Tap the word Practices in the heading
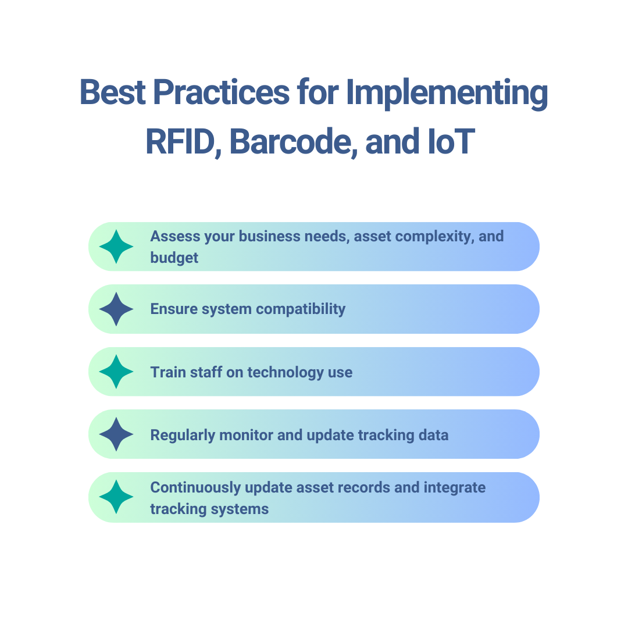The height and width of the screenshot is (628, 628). click(x=221, y=92)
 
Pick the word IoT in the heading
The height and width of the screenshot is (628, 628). click(x=447, y=141)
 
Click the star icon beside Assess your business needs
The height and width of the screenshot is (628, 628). click(x=116, y=247)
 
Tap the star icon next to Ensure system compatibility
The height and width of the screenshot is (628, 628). click(x=116, y=309)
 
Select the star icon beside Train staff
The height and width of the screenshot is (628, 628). click(x=116, y=372)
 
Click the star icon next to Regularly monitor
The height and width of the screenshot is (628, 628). click(x=116, y=434)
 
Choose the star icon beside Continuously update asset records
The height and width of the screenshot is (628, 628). click(x=116, y=497)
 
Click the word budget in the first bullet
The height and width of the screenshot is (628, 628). click(x=174, y=258)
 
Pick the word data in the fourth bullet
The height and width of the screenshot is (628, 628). click(x=433, y=435)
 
